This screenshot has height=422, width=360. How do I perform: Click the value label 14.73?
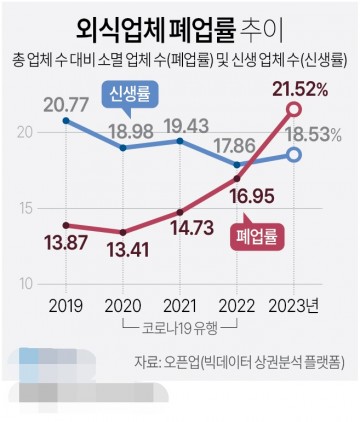182,230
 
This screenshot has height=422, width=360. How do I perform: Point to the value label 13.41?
122,250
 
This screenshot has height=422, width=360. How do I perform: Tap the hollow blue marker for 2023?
294,154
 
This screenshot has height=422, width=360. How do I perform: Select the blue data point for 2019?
65,121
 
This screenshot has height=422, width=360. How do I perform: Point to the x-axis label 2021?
180,305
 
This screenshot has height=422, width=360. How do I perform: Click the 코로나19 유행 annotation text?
181,326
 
